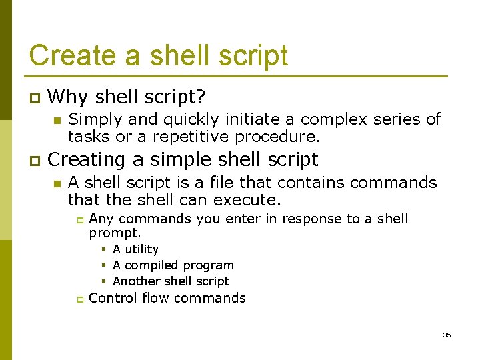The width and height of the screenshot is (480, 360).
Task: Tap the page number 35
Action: click(447, 335)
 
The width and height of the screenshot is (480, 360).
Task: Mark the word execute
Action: click(251, 199)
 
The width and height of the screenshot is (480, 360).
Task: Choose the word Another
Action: click(136, 281)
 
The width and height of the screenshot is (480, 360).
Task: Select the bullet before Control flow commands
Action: click(77, 299)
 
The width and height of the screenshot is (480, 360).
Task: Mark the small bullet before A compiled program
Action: click(105, 265)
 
